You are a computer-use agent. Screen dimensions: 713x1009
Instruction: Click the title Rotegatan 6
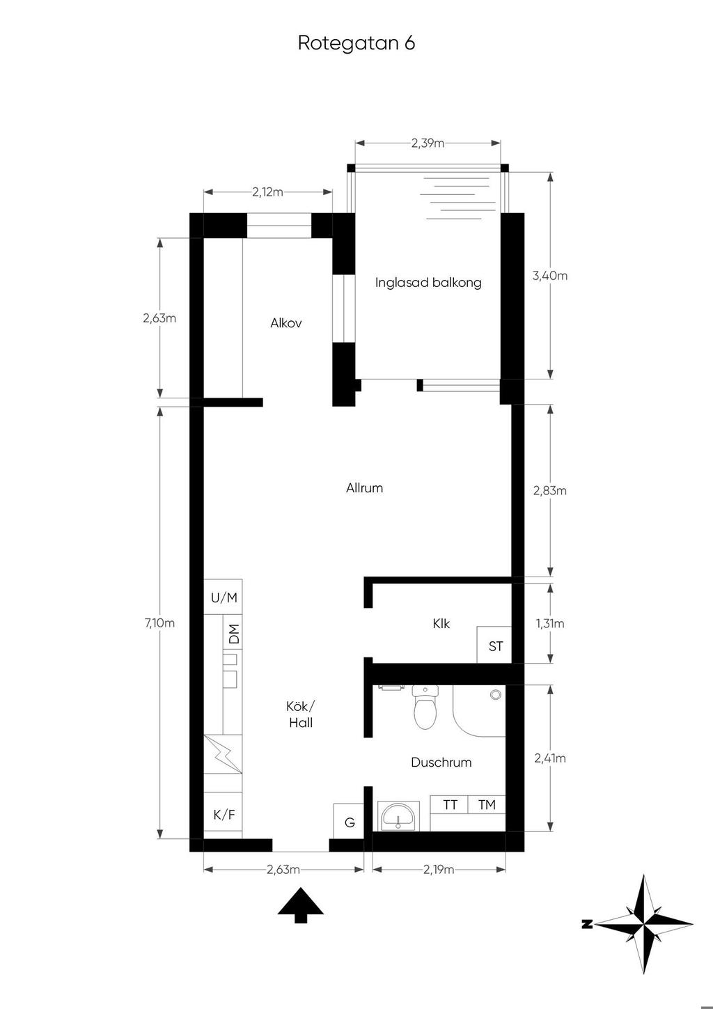356,43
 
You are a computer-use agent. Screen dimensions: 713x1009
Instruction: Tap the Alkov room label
285,323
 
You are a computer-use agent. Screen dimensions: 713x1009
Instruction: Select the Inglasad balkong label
428,283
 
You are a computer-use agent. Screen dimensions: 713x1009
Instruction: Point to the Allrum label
364,488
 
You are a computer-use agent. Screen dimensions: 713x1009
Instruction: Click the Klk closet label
441,623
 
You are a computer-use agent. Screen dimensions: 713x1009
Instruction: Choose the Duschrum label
441,762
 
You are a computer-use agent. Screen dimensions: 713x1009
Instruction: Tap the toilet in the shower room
425,707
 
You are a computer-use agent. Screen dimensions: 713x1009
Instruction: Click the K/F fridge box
223,815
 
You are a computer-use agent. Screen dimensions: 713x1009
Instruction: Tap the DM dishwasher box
233,634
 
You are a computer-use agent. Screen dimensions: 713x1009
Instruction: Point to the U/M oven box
223,597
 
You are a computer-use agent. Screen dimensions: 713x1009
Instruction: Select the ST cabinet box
494,645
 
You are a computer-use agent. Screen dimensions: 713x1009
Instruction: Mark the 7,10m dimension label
159,623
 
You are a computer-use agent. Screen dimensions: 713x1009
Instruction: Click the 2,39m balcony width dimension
428,143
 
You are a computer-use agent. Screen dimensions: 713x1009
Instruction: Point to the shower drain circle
496,694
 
